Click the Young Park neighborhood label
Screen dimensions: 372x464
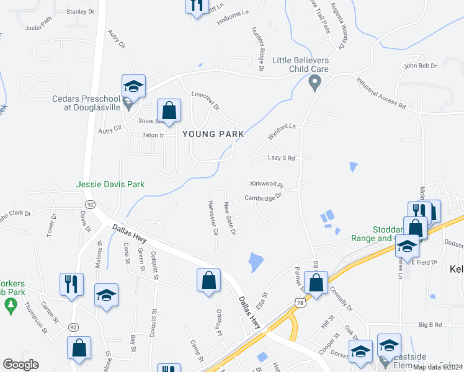tap(213, 134)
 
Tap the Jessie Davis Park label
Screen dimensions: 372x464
tap(110, 184)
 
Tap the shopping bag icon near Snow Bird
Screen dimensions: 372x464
tap(169, 112)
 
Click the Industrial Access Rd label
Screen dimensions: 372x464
tap(381, 94)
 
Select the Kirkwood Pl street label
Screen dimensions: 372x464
tap(267, 185)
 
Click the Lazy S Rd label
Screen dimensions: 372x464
tap(281, 158)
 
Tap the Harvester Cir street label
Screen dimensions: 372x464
tap(213, 218)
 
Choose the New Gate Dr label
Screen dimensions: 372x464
tap(230, 218)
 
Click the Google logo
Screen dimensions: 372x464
tap(20, 365)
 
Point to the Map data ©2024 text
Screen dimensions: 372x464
tap(437, 367)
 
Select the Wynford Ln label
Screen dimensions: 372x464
tap(283, 130)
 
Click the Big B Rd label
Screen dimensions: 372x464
tap(429, 324)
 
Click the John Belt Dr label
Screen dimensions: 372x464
tap(421, 65)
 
